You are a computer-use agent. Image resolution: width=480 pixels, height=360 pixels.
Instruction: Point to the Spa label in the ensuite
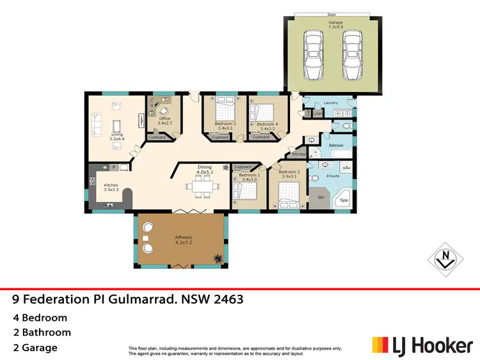click(343, 200)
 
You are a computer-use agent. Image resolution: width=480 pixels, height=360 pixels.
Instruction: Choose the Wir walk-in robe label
click(321, 198)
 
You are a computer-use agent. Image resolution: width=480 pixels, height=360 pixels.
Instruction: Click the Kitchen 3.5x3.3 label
click(112, 188)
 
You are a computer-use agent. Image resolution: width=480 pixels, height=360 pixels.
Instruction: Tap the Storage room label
click(299, 153)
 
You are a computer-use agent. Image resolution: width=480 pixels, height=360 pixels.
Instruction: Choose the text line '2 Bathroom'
click(42, 333)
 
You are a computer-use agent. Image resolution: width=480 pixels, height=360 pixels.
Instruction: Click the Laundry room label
click(331, 102)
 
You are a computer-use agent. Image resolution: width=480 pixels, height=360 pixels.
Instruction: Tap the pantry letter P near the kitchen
click(113, 167)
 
